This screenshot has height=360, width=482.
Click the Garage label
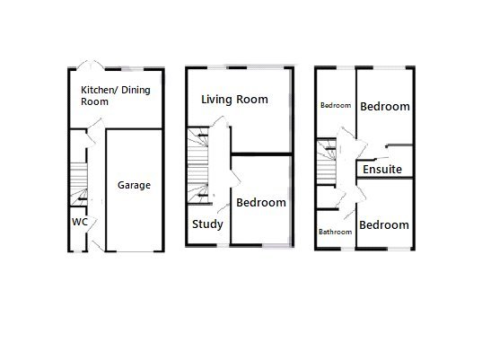click(x=134, y=186)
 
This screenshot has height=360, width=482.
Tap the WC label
click(x=78, y=222)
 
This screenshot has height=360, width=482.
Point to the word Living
click(x=217, y=100)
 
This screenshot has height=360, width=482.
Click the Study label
click(x=206, y=224)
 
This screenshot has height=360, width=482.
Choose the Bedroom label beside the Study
click(x=261, y=203)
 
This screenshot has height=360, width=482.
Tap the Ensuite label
click(x=383, y=169)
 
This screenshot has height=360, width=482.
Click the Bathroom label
click(x=336, y=232)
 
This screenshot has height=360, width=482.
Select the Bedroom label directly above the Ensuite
click(x=385, y=107)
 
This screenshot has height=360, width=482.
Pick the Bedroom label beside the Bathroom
click(x=384, y=224)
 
